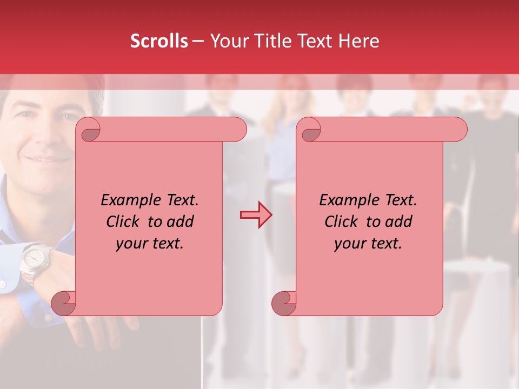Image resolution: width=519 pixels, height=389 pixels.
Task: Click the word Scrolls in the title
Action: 159,41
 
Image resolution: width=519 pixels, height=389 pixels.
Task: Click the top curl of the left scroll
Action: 90,130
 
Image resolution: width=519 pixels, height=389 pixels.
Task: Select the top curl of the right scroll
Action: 310,130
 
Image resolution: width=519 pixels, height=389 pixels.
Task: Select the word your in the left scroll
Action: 130,244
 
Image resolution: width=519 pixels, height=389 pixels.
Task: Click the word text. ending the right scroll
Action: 385,244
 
